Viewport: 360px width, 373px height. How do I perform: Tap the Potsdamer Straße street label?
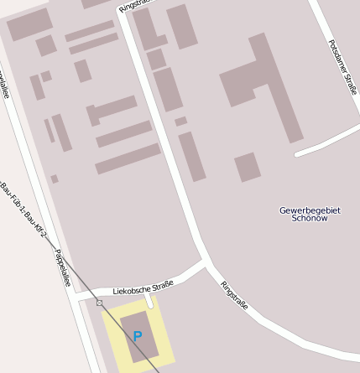pos(342,66)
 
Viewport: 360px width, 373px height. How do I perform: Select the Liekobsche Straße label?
pos(143,288)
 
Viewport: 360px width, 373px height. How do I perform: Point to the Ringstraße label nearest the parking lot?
pos(234,296)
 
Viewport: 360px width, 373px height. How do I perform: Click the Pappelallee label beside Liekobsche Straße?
pos(61,267)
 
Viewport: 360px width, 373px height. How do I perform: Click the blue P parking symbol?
pos(138,336)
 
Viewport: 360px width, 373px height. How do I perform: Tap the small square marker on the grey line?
pos(99,302)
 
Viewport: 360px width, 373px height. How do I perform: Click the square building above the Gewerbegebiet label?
pos(247,167)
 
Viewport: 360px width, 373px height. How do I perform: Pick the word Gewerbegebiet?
pos(310,210)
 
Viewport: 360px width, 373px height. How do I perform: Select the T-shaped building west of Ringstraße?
pos(113,110)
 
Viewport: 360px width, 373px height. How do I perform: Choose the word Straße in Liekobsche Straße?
pos(161,285)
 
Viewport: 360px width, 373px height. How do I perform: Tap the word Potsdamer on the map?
pos(337,55)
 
